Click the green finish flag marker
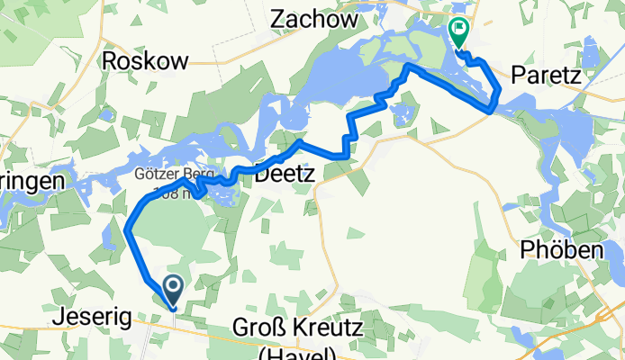pyautogui.click(x=457, y=31)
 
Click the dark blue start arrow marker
pyautogui.click(x=170, y=290)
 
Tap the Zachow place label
pyautogui.click(x=309, y=16)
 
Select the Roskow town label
pyautogui.click(x=146, y=61)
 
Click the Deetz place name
pyautogui.click(x=285, y=175)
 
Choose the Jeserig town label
pyautogui.click(x=93, y=317)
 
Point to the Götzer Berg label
pyautogui.click(x=175, y=175)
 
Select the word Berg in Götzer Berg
pyautogui.click(x=199, y=175)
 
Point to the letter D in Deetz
pyautogui.click(x=263, y=175)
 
